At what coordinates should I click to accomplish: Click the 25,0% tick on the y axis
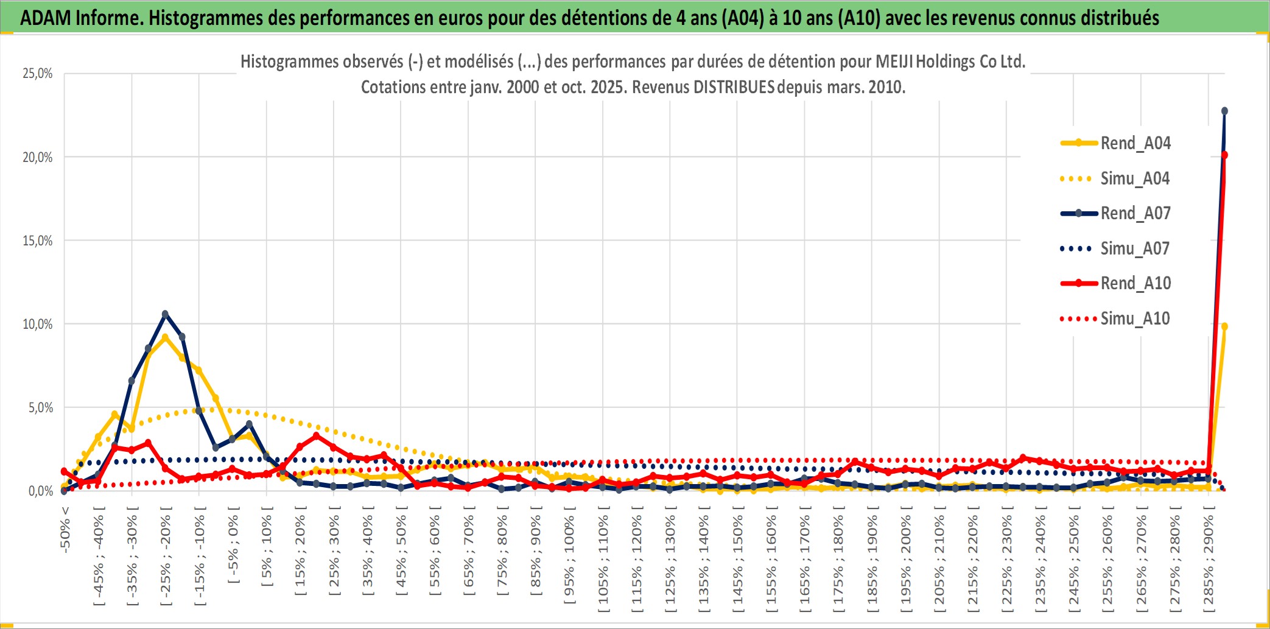[x=38, y=74]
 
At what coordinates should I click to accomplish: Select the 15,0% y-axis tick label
[x=38, y=241]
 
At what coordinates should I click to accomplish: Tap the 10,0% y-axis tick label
[x=38, y=324]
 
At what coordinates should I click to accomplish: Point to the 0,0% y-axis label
[x=41, y=491]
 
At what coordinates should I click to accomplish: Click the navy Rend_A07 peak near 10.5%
[x=165, y=314]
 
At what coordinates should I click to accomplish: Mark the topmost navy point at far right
[x=1224, y=111]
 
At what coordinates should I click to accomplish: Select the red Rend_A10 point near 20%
[x=1224, y=155]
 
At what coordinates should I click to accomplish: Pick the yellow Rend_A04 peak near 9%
[x=165, y=337]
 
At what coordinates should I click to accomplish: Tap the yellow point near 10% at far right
[x=1224, y=327]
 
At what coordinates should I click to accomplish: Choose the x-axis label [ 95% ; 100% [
[x=569, y=559]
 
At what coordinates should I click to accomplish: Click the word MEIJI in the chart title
[x=894, y=61]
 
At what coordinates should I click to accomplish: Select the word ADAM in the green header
[x=46, y=18]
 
